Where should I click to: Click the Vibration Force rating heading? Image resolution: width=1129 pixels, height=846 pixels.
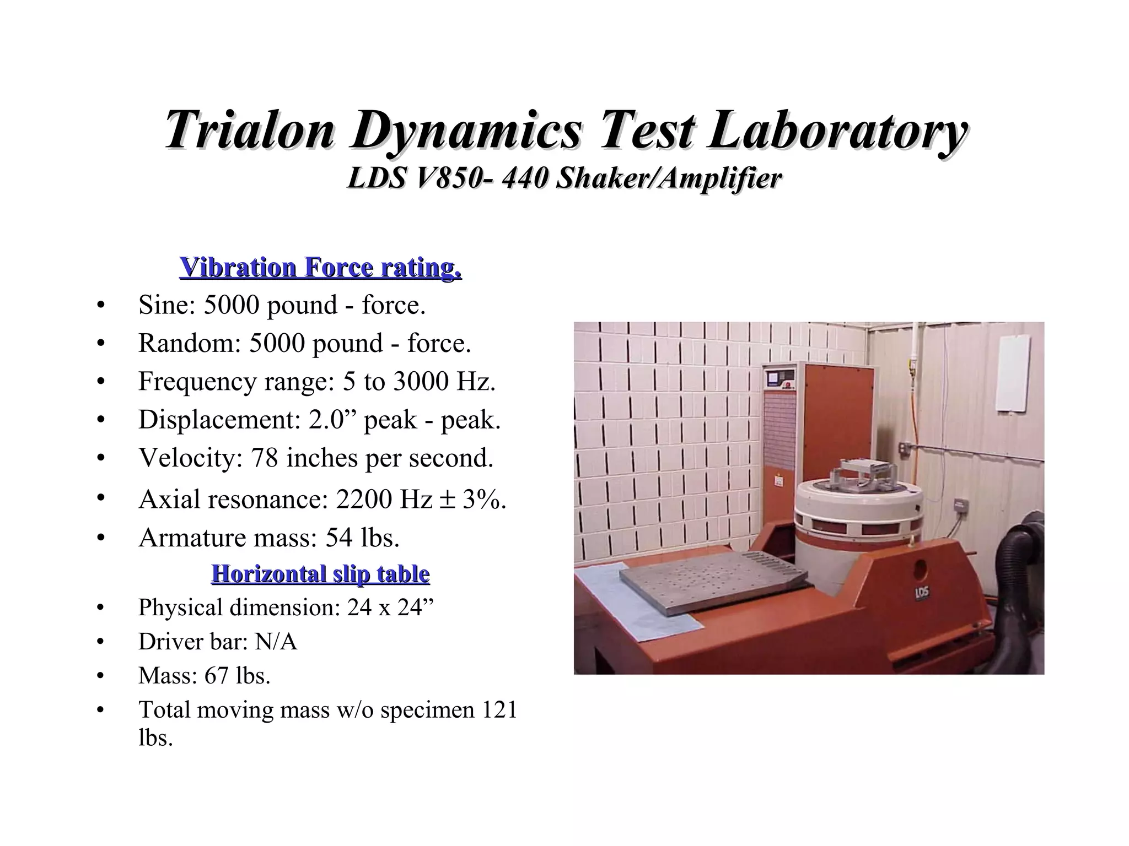coord(320,267)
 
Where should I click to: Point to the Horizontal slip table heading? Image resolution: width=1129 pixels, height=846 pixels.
coord(320,574)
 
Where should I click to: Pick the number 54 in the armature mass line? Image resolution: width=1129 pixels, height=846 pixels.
coord(338,538)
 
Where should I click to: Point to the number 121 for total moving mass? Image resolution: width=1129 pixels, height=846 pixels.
coord(499,710)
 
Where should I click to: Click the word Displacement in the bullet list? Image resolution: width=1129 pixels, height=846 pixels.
coord(216,420)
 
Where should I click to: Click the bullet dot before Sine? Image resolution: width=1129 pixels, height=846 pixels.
coord(100,305)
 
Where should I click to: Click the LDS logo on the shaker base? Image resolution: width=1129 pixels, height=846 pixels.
coord(922,594)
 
